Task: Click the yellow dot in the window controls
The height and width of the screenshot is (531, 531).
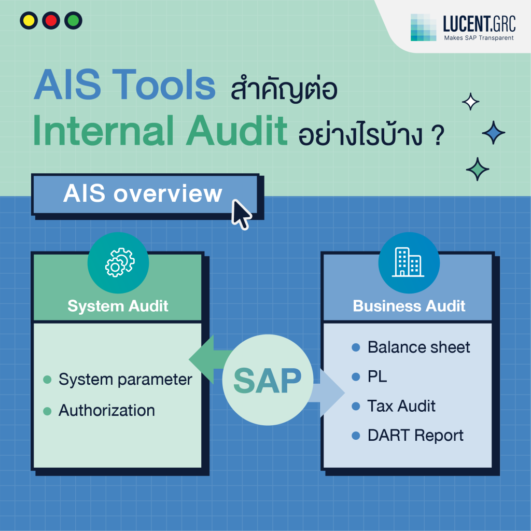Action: coord(29,21)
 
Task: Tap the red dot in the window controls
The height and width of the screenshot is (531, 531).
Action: coord(51,21)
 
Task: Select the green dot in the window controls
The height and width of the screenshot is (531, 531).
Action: coord(73,21)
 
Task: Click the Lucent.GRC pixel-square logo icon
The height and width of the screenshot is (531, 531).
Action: coord(424,27)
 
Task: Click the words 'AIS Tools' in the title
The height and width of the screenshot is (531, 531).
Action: coord(124,85)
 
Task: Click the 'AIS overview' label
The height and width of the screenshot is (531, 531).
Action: coord(143,194)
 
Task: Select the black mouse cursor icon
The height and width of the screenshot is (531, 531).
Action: coord(241,213)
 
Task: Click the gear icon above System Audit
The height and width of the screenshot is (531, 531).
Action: coord(119,263)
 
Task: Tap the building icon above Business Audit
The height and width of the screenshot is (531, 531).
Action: coord(409,263)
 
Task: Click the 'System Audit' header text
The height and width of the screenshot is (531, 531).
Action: coord(118,306)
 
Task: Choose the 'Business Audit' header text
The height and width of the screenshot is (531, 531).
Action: coord(409,306)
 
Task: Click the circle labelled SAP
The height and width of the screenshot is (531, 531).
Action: coord(267,381)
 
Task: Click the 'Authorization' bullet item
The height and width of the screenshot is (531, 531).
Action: coord(106,410)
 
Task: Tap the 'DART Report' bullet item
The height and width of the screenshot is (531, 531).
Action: coord(415,436)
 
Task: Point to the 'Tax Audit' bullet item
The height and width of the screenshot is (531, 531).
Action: coord(401,406)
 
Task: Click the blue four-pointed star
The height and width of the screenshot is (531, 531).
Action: coord(493,133)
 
